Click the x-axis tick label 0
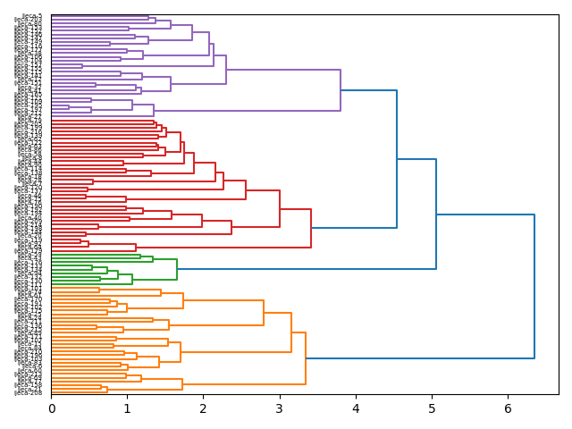pos(52,408)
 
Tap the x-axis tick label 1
pos(128,408)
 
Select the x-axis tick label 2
pos(204,408)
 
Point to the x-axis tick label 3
pos(280,408)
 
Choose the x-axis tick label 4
pos(356,408)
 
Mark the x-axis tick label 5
pos(432,408)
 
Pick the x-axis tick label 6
pos(508,408)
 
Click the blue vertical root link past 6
pos(534,286)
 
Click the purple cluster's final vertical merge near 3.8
pos(341,90)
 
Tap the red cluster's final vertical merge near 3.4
pos(311,228)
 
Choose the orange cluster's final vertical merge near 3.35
pos(306,358)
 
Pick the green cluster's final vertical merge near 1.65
pos(177,268)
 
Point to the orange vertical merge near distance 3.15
pos(291,332)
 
